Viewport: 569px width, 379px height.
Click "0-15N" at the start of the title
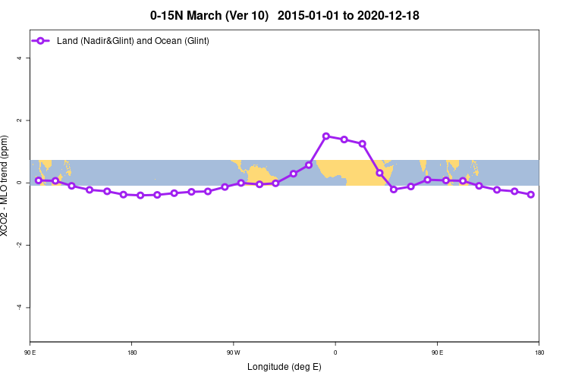click(x=165, y=15)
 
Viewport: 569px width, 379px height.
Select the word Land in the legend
click(x=68, y=40)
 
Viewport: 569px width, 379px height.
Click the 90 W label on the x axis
click(x=233, y=352)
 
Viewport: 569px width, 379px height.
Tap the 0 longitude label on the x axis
click(x=335, y=352)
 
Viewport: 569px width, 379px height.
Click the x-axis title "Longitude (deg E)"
click(x=284, y=367)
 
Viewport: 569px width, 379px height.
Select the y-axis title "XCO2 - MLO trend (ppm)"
click(x=7, y=186)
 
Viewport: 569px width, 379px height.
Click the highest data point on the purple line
click(x=326, y=136)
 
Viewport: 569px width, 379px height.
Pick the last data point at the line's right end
click(x=531, y=195)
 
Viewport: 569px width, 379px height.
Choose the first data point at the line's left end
click(x=39, y=180)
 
